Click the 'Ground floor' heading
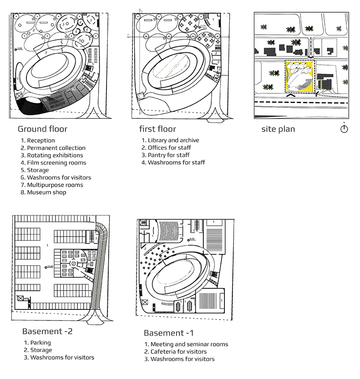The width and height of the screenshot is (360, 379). [42, 129]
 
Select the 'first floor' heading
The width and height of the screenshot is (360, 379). [158, 129]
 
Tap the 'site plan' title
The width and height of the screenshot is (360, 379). [278, 129]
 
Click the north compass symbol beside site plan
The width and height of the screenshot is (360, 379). [344, 129]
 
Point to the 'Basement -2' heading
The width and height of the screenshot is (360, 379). [47, 331]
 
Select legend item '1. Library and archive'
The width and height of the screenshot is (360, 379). [170, 140]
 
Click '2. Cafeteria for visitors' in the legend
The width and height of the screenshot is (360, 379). [175, 352]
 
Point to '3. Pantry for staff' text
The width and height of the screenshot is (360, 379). [165, 155]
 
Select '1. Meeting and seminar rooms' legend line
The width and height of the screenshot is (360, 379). [186, 344]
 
